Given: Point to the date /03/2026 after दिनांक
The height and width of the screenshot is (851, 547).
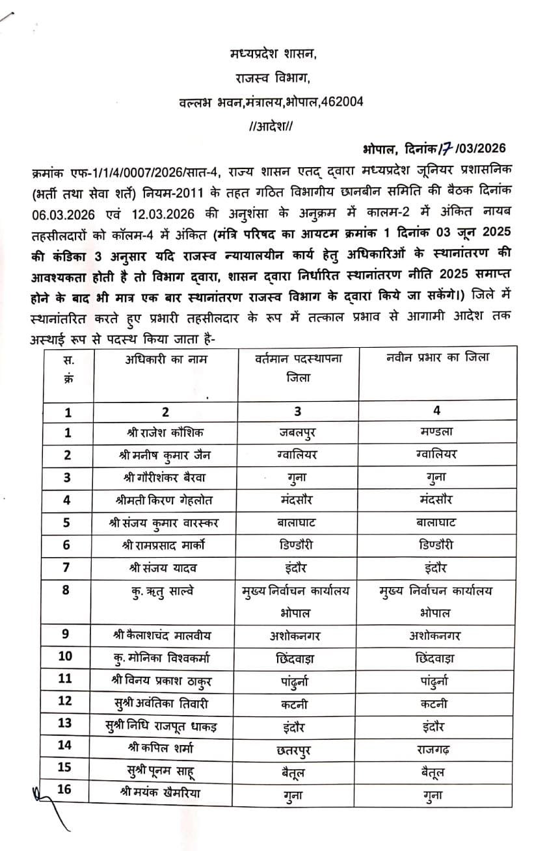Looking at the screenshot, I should coord(480,149).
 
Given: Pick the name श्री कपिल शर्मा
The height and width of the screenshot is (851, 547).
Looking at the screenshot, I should coord(165,748).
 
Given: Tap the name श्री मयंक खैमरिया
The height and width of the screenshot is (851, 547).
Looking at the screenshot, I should coord(165,793).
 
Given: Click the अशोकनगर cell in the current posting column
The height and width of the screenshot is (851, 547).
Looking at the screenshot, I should coord(298,635).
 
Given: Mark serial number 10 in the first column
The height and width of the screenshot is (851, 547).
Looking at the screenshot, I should coord(67,657).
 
